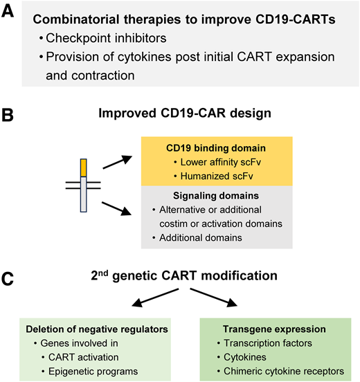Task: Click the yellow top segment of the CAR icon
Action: [84, 167]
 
